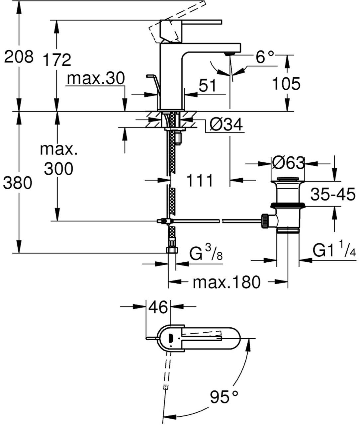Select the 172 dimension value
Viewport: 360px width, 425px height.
coord(57,60)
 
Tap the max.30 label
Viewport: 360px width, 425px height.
coord(96,78)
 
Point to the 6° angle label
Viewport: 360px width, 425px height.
coord(265,57)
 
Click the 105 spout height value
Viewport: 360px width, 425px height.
coord(286,84)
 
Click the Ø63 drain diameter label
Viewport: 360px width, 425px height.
coord(288,163)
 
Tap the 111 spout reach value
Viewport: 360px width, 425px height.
coord(200,180)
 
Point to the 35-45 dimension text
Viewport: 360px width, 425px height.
coord(333,194)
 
